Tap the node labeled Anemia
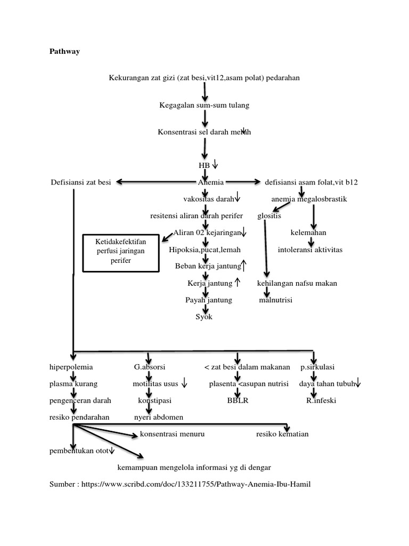[x=211, y=182]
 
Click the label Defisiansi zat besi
[x=81, y=182]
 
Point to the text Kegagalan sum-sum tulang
[x=204, y=106]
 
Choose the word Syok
[x=204, y=317]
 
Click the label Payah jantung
[x=209, y=300]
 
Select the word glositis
[x=269, y=216]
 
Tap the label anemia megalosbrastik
[x=309, y=199]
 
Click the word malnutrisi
[x=276, y=300]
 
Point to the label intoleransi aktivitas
[x=310, y=250]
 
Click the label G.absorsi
[x=150, y=367]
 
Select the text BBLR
[x=238, y=400]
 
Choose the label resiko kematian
[x=282, y=434]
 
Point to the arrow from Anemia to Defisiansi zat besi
[x=154, y=182]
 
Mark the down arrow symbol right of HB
[x=216, y=165]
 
